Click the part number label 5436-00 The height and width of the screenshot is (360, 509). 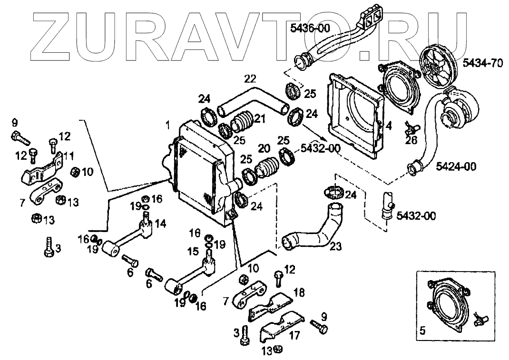point(310,29)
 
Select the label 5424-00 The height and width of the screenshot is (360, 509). point(456,166)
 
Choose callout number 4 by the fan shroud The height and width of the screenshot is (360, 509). point(389,127)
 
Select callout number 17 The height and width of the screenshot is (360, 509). point(295,336)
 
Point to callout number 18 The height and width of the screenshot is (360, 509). point(298,292)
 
